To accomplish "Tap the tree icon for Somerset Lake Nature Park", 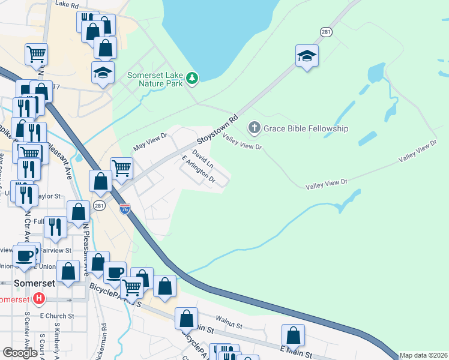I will click(191, 77).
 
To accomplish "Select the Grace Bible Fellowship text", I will click(306, 128).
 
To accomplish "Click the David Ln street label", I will click(203, 159).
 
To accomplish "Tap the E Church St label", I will click(56, 316).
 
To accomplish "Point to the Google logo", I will click(20, 353).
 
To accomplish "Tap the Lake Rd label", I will click(67, 5).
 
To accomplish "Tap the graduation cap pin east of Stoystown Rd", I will click(307, 56).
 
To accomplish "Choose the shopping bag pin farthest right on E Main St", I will click(293, 334).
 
